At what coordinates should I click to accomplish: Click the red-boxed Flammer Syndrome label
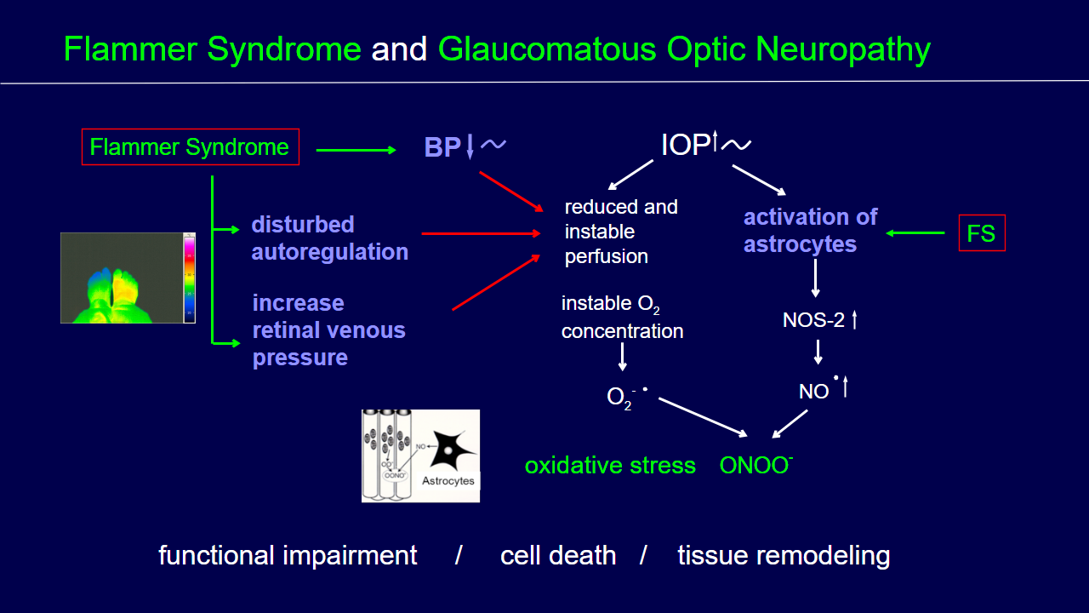pyautogui.click(x=190, y=147)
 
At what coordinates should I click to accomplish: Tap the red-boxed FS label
pyautogui.click(x=981, y=233)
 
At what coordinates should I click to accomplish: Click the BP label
pyautogui.click(x=442, y=148)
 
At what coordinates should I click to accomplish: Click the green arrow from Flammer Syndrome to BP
pyautogui.click(x=356, y=151)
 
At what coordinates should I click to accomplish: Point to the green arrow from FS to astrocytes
pyautogui.click(x=915, y=232)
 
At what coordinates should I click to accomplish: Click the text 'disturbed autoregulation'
pyautogui.click(x=329, y=238)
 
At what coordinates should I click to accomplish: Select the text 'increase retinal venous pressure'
pyautogui.click(x=328, y=330)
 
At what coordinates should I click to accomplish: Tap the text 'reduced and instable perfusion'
pyautogui.click(x=620, y=232)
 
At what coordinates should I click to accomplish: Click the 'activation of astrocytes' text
pyautogui.click(x=810, y=231)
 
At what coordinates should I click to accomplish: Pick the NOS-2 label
pyautogui.click(x=813, y=321)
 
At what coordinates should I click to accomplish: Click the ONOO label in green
pyautogui.click(x=755, y=466)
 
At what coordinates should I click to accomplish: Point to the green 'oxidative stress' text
pyautogui.click(x=610, y=466)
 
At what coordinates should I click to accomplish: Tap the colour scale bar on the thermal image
pyautogui.click(x=189, y=278)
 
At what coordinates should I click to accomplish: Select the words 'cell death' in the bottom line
pyautogui.click(x=558, y=556)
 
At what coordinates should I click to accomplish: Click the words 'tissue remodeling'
pyautogui.click(x=784, y=556)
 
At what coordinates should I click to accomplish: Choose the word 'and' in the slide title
pyautogui.click(x=399, y=50)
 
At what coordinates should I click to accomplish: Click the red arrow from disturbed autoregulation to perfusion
pyautogui.click(x=481, y=232)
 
